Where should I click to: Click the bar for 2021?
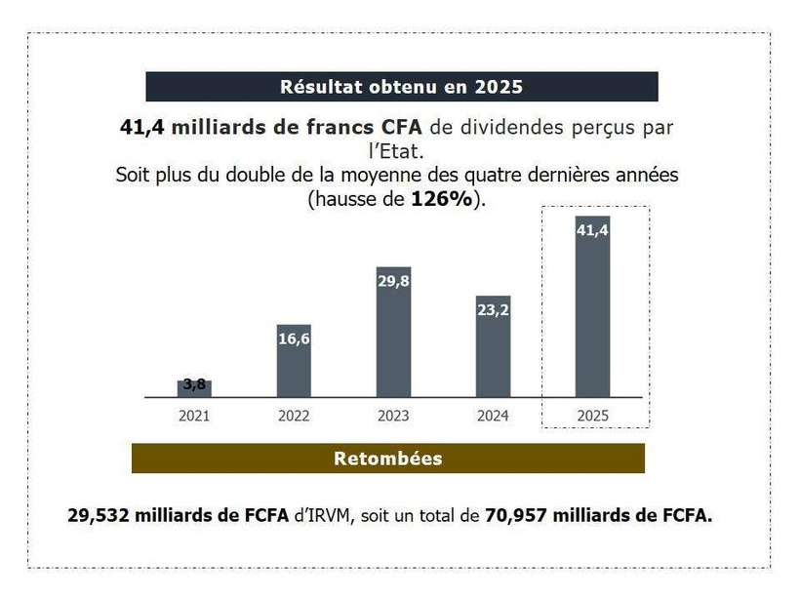(194, 389)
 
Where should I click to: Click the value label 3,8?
(194, 384)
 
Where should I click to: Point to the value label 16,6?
(294, 339)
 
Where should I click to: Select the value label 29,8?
(393, 281)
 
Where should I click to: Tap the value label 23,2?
(493, 309)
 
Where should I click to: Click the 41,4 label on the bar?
(592, 230)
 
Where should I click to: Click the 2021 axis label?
(194, 416)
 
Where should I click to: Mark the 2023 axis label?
(393, 416)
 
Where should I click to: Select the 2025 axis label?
(592, 416)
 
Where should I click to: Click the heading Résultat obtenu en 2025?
(401, 87)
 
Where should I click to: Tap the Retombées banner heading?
(388, 459)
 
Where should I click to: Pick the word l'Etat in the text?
(401, 152)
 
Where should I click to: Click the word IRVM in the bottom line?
(330, 515)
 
